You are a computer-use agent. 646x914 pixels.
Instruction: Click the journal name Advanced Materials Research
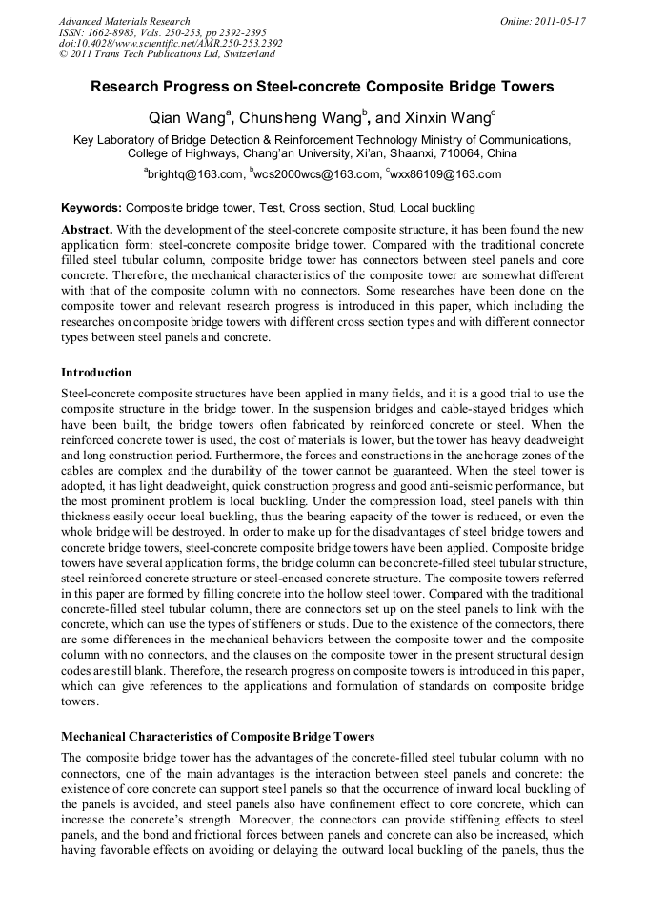tap(124, 20)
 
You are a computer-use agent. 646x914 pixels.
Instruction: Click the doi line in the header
tap(171, 43)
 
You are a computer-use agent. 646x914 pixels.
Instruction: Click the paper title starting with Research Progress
tap(322, 87)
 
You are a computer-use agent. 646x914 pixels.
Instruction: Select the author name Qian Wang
tap(187, 119)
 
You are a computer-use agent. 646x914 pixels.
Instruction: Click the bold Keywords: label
tap(91, 207)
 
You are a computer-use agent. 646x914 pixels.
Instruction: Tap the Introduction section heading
tap(96, 372)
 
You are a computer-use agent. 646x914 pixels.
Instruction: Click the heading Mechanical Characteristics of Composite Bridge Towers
tap(217, 736)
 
